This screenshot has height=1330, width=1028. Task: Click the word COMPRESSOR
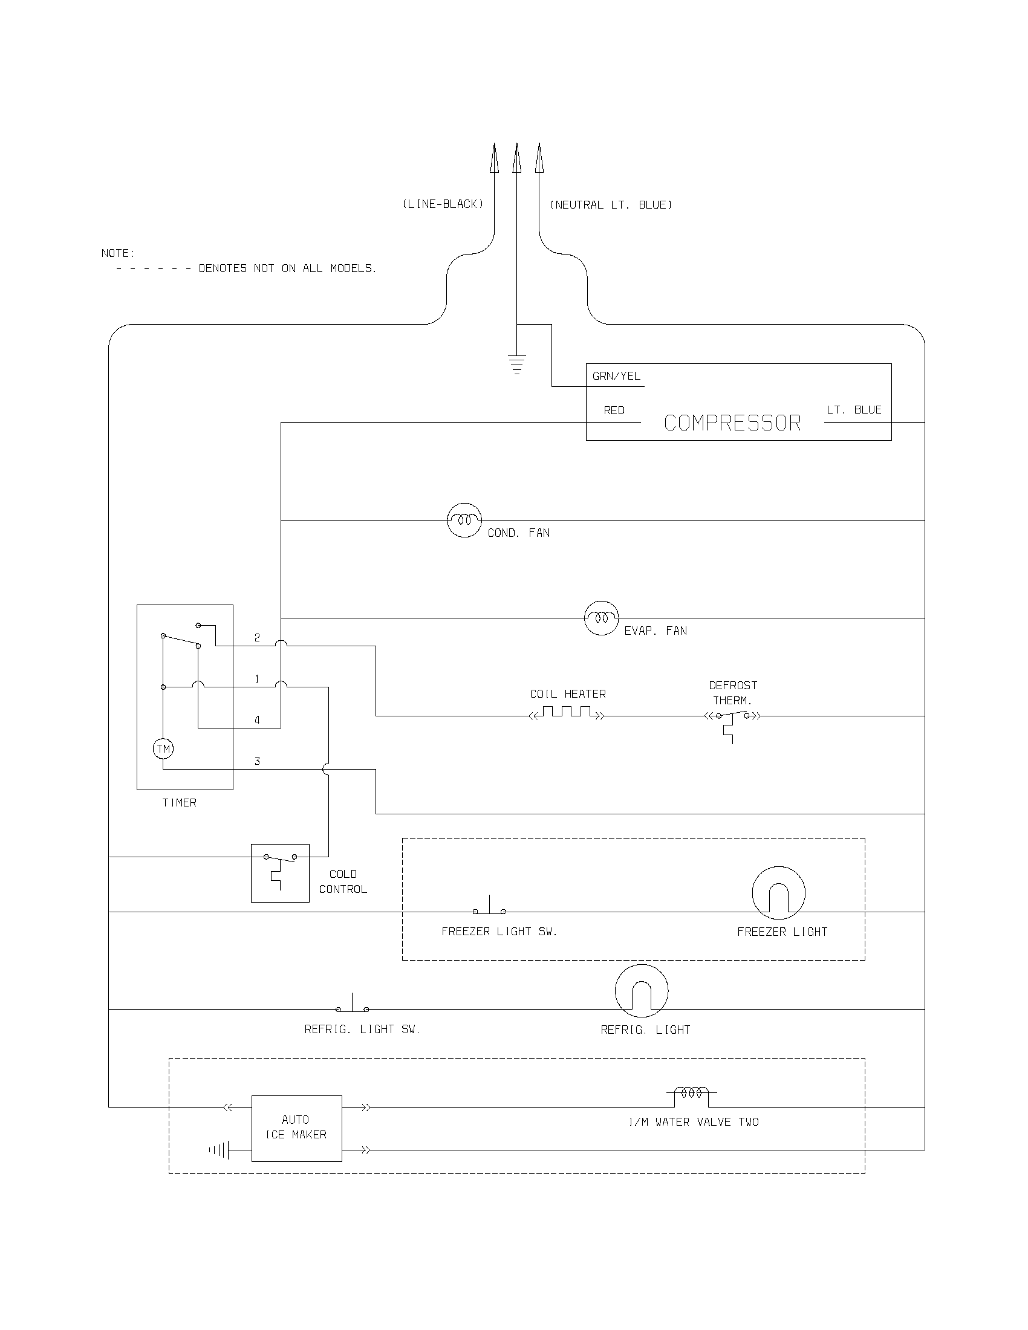(x=732, y=423)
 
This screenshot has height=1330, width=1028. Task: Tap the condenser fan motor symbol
(x=464, y=520)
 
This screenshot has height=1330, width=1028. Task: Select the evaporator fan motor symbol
(x=601, y=618)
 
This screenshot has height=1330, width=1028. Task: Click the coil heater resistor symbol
(x=567, y=713)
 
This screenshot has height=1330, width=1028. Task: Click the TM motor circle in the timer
(x=163, y=748)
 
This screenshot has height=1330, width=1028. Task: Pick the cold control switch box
(x=280, y=872)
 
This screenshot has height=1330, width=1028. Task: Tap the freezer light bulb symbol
(x=778, y=893)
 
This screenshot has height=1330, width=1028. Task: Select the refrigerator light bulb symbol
(x=641, y=990)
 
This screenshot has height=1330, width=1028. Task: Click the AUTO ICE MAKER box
(x=296, y=1128)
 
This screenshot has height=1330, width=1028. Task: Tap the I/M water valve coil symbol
(x=691, y=1093)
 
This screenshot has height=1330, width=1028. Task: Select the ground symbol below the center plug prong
(x=516, y=363)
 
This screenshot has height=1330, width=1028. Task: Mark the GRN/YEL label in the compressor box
(x=616, y=377)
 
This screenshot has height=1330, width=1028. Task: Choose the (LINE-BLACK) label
(x=443, y=204)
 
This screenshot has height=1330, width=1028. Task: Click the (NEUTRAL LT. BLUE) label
(x=611, y=204)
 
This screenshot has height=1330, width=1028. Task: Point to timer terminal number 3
(x=257, y=761)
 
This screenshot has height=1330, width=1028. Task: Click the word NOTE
(x=118, y=253)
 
